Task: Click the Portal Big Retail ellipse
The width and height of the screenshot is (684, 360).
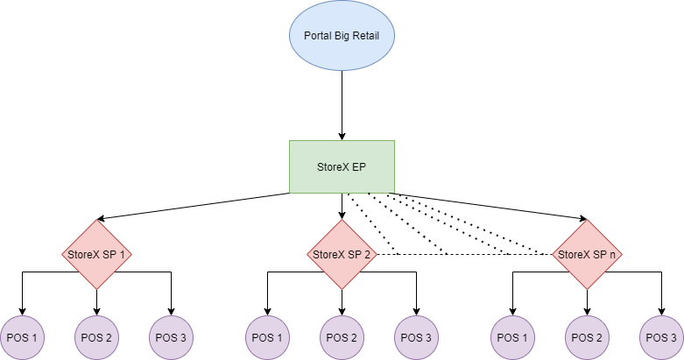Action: (342, 36)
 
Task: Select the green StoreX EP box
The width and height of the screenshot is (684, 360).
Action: (342, 166)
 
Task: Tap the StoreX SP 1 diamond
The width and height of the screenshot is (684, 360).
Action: (96, 254)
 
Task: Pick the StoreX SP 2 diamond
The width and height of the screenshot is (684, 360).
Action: (342, 254)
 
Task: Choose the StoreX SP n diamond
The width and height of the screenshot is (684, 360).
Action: (587, 254)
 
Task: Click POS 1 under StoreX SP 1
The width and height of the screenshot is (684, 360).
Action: (23, 337)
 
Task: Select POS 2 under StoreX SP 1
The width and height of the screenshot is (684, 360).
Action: (96, 337)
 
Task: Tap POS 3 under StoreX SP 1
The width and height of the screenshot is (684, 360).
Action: (171, 337)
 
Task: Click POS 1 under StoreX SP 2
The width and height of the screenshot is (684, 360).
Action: (267, 337)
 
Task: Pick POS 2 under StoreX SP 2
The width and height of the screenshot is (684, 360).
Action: (342, 337)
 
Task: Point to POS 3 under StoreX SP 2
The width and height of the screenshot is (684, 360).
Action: (416, 337)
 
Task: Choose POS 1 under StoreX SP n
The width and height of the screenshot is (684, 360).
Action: (512, 337)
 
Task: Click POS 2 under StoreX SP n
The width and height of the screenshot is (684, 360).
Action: (587, 337)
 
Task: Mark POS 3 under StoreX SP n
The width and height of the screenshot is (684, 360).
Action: (661, 337)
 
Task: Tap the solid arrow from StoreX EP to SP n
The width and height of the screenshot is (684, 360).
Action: (490, 206)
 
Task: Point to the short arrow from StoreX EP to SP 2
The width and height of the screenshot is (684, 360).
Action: (342, 205)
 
